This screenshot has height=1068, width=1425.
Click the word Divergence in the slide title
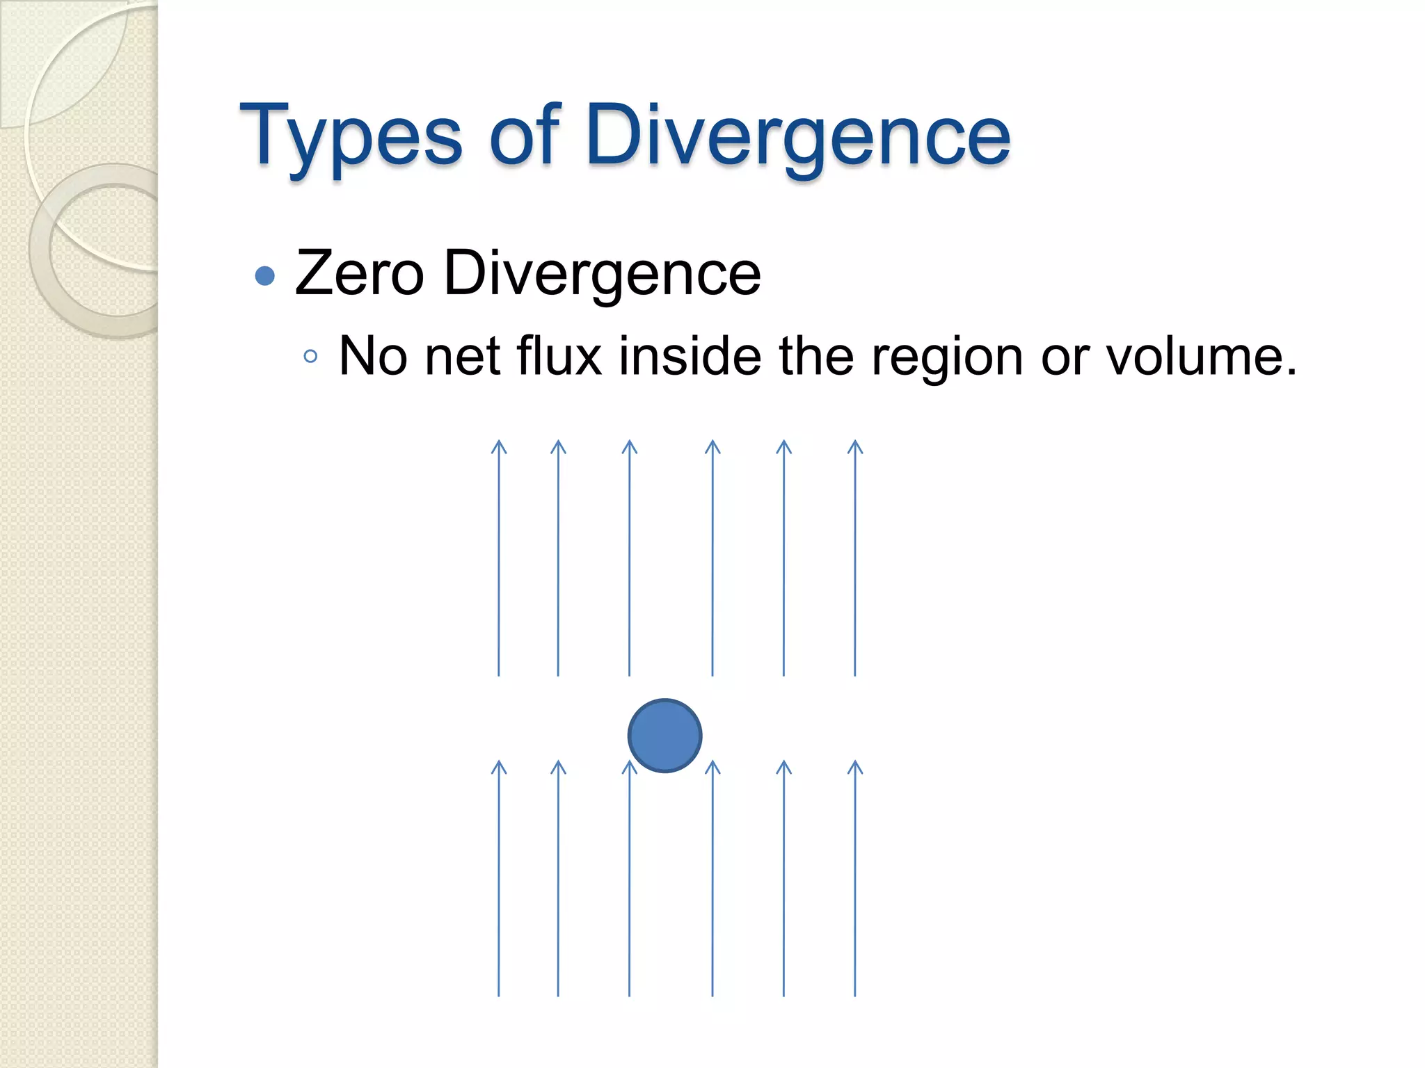click(798, 136)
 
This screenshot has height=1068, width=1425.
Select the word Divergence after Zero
click(603, 273)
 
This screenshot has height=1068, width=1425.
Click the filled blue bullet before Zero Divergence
click(265, 276)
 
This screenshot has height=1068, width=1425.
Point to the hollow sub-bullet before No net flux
click(310, 357)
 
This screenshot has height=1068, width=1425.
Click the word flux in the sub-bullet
click(559, 356)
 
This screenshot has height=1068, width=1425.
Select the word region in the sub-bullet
click(947, 356)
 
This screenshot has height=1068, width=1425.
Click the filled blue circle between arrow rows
click(664, 736)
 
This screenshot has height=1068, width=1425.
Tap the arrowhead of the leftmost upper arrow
click(499, 445)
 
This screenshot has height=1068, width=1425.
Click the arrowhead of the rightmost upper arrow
click(855, 445)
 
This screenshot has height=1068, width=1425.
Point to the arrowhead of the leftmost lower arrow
click(499, 766)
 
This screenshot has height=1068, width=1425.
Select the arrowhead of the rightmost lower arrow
click(855, 766)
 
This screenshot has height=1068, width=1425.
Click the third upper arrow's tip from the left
click(630, 445)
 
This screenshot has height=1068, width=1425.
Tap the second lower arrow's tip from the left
click(558, 766)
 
